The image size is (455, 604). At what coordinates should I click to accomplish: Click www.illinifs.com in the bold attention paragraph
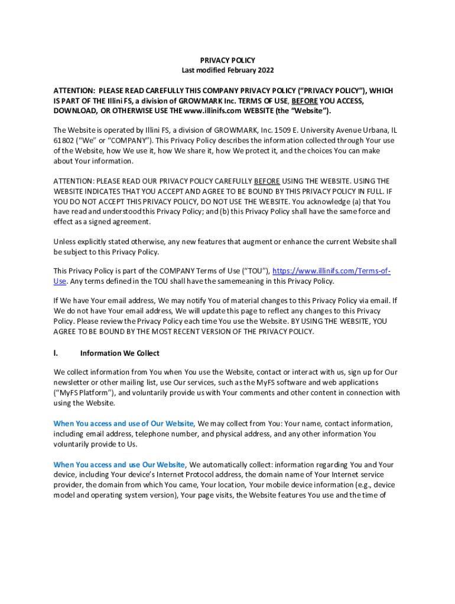click(210, 111)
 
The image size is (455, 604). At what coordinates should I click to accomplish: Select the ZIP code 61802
click(64, 140)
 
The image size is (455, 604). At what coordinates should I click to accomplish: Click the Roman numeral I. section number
click(56, 353)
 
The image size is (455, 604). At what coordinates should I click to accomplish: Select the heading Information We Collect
click(119, 353)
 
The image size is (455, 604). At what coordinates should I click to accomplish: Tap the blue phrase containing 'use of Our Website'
click(124, 424)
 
